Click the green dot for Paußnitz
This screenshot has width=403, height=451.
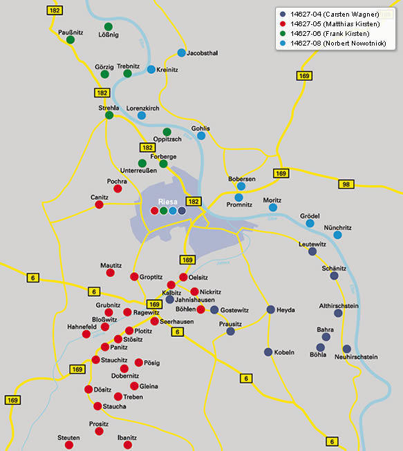click(x=71, y=39)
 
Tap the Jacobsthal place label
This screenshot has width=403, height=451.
click(x=203, y=53)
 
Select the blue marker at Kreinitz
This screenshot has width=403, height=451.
click(x=151, y=69)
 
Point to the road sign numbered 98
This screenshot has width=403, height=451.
click(x=346, y=184)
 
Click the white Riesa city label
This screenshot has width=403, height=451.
click(x=168, y=202)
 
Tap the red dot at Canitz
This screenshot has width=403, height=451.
click(x=99, y=204)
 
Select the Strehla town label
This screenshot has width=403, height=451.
click(x=109, y=108)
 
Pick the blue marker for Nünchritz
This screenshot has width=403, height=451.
click(x=337, y=235)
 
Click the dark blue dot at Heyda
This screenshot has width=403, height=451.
click(x=270, y=309)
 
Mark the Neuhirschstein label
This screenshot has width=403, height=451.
click(x=356, y=357)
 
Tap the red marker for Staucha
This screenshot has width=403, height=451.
click(x=97, y=406)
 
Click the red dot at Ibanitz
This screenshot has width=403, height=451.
click(x=127, y=445)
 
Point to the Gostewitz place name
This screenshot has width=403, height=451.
click(x=234, y=310)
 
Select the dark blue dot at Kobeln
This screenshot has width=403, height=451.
click(x=268, y=352)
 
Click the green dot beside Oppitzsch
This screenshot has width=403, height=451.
click(x=167, y=132)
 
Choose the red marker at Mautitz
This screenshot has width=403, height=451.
click(x=110, y=273)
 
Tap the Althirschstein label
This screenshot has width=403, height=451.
click(x=339, y=306)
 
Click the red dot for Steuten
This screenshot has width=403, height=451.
click(x=69, y=445)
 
